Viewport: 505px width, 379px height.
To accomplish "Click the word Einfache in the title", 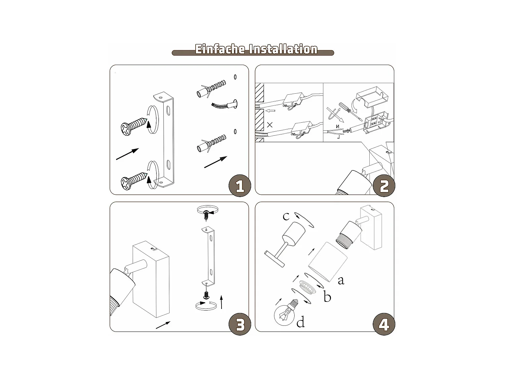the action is pyautogui.click(x=220, y=49).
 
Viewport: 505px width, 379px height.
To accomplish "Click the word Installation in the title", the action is pyautogui.click(x=283, y=49).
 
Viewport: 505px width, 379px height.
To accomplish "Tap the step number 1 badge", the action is pyautogui.click(x=240, y=186).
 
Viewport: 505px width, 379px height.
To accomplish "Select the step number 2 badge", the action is pyautogui.click(x=384, y=186).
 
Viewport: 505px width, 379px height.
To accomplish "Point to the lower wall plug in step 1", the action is pyautogui.click(x=211, y=143).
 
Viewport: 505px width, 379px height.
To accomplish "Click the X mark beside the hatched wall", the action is pyautogui.click(x=270, y=125).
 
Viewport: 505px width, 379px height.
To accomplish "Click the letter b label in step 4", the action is pyautogui.click(x=327, y=296).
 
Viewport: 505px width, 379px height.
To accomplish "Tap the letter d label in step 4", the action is pyautogui.click(x=300, y=322).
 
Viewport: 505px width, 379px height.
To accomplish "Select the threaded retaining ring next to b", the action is pyautogui.click(x=307, y=287).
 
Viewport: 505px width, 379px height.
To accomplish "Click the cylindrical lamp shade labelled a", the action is pyautogui.click(x=327, y=262).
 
